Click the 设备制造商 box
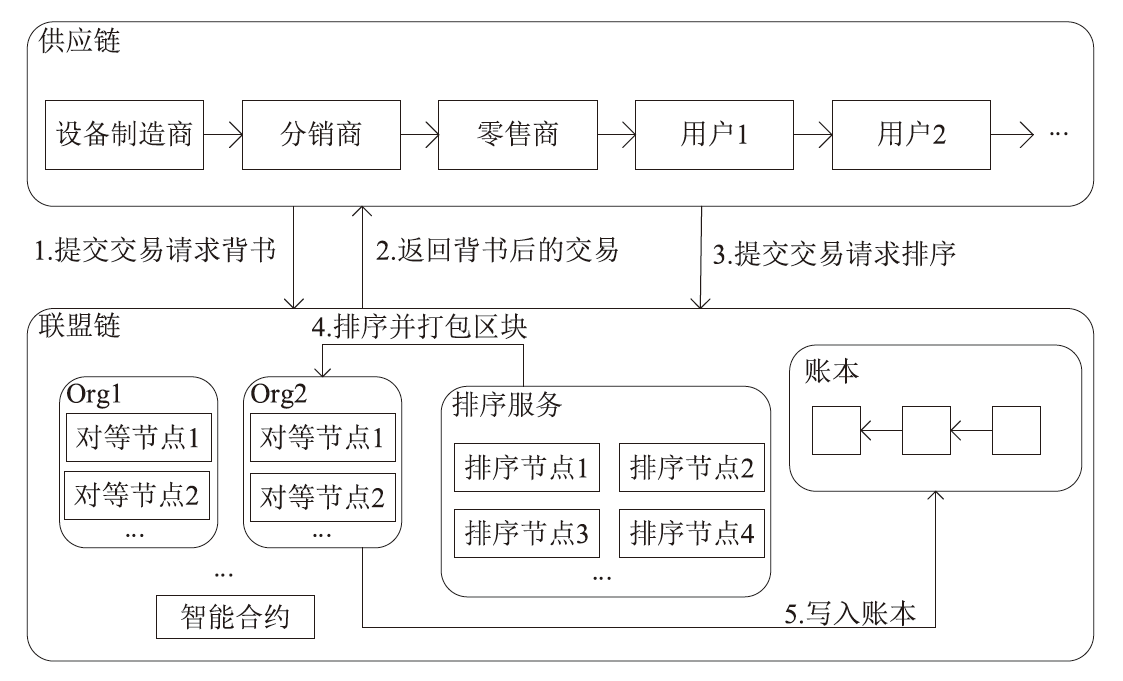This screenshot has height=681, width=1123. coord(124,134)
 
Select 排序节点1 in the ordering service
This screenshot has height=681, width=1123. coord(527,467)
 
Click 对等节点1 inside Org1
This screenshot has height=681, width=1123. coord(137,437)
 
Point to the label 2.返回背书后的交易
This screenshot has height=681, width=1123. coord(497,251)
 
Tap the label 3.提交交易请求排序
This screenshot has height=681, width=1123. coord(835,253)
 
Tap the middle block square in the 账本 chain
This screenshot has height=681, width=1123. coord(925,430)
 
